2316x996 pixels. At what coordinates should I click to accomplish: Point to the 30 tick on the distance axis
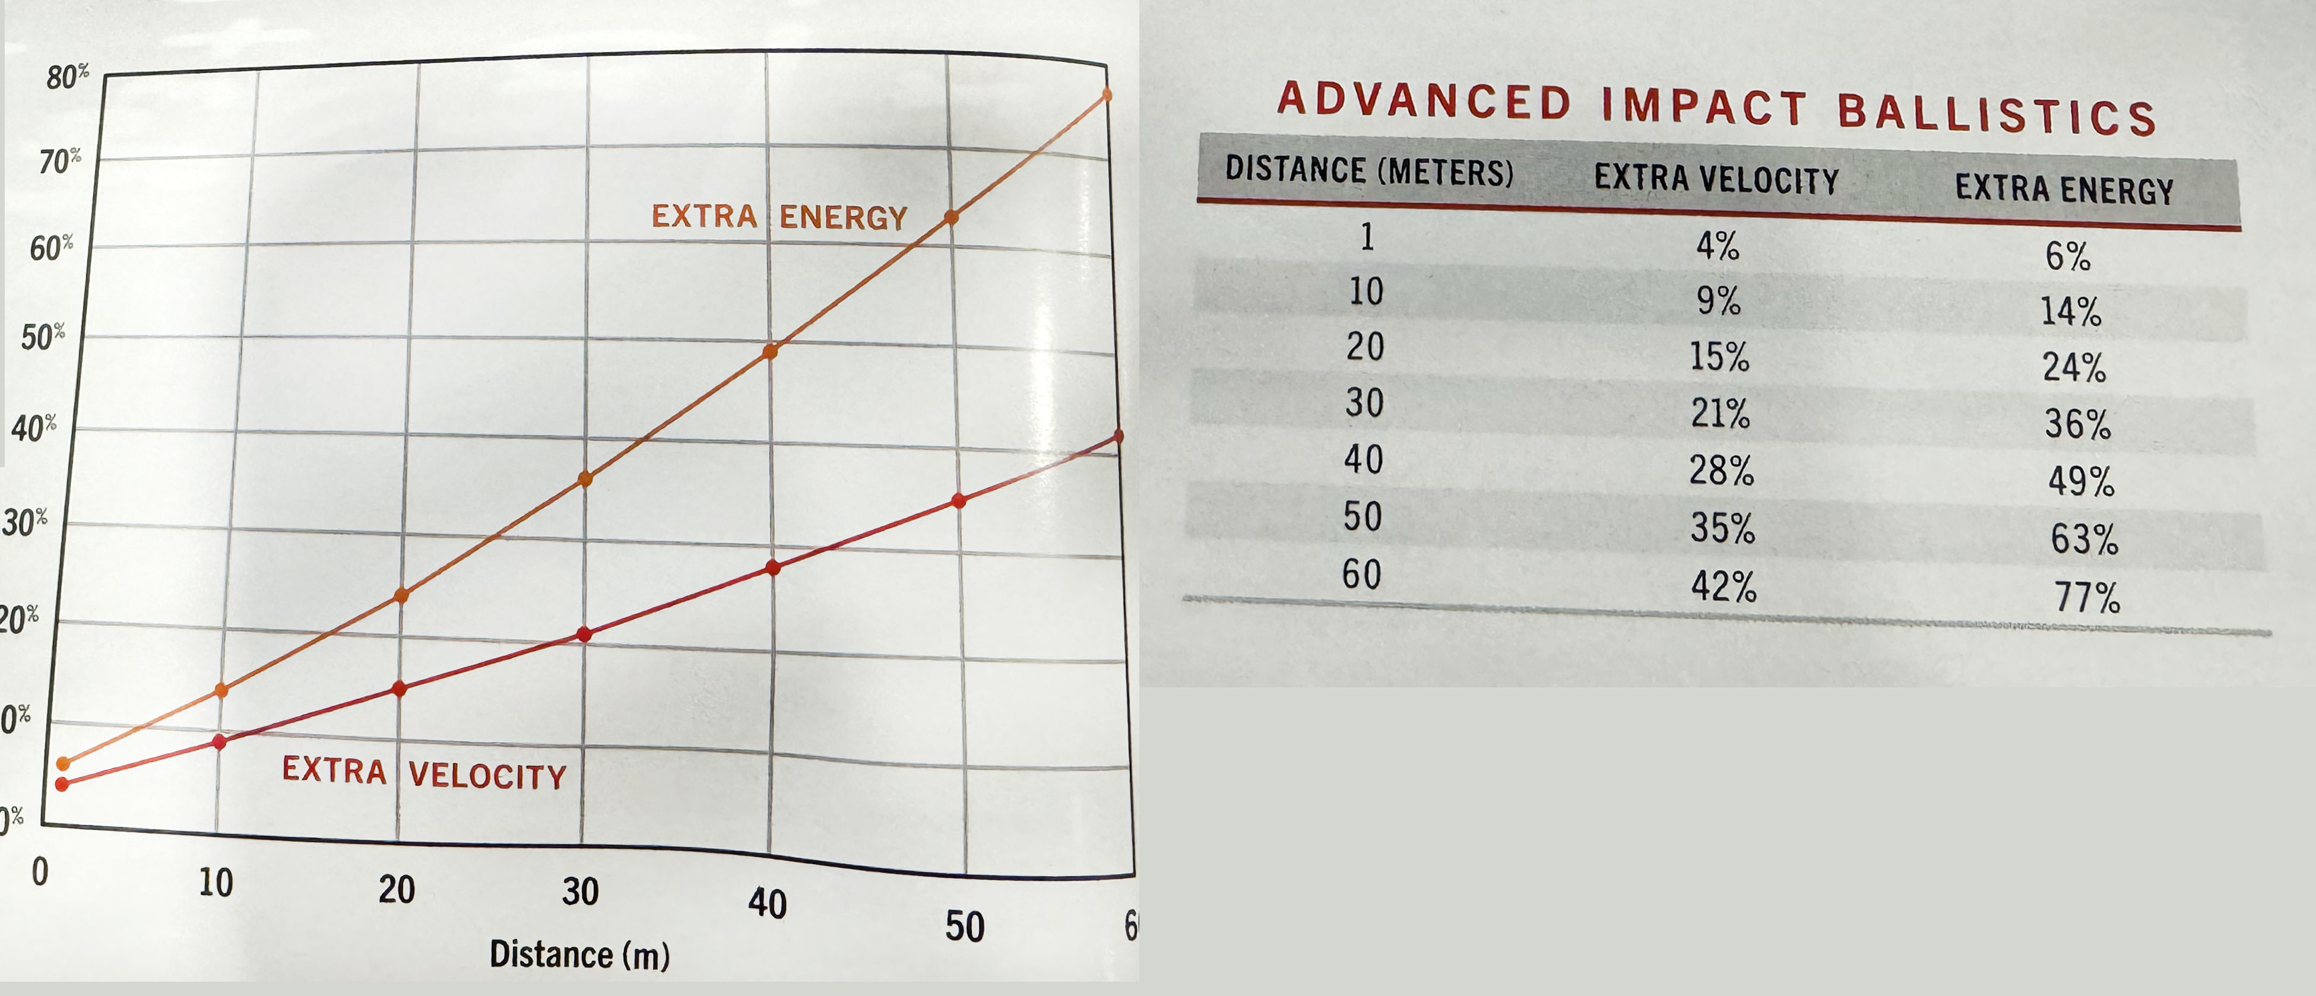point(580,892)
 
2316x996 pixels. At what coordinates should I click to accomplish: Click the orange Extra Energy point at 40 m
point(769,351)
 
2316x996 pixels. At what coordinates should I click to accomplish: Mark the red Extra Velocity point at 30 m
point(584,635)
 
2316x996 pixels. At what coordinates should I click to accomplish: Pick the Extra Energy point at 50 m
point(951,217)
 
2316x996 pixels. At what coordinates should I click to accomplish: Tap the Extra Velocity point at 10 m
point(220,741)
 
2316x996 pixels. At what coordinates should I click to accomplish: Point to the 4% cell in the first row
point(1717,245)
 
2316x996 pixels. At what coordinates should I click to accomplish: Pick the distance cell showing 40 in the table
point(1363,459)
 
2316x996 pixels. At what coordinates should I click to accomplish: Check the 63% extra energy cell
point(2084,538)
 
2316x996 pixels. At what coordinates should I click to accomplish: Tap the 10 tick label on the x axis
point(216,883)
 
